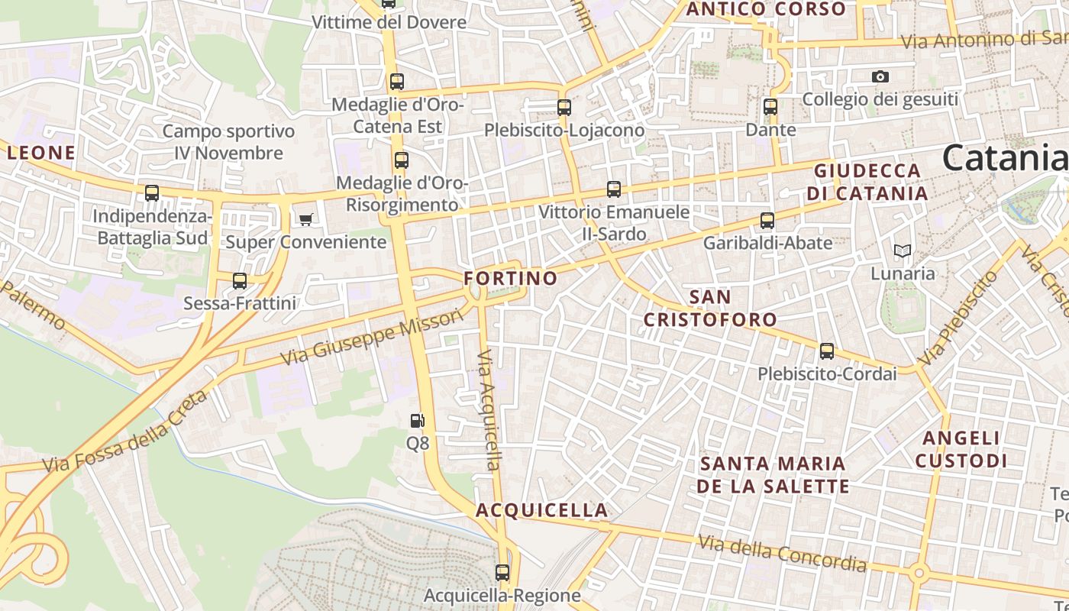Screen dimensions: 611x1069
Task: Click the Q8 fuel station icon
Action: click(x=417, y=421)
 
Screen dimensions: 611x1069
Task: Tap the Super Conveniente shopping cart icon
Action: click(x=306, y=220)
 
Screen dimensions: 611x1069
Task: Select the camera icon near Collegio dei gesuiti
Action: click(x=880, y=76)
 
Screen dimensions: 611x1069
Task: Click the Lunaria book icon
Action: click(x=903, y=251)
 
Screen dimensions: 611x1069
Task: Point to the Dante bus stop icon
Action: click(x=770, y=107)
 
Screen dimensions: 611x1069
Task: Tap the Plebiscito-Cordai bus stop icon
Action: click(x=827, y=351)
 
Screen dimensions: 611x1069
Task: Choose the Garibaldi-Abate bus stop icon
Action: click(x=767, y=221)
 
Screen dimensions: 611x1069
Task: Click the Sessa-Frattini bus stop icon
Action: click(x=240, y=281)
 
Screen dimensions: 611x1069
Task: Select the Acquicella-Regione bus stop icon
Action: click(x=502, y=572)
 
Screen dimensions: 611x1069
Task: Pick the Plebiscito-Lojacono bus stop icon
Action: click(x=564, y=108)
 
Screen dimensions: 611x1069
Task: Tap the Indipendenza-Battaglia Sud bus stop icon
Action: click(x=152, y=193)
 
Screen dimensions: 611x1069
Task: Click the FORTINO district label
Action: click(x=511, y=278)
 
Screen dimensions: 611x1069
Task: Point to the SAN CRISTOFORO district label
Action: click(x=710, y=308)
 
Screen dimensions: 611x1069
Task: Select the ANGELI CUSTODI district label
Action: click(x=961, y=450)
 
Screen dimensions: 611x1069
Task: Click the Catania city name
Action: click(x=1003, y=158)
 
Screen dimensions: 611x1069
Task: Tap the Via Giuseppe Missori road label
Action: click(x=372, y=337)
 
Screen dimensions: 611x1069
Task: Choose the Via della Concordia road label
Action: click(x=783, y=553)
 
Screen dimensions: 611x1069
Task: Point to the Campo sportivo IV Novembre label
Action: click(x=228, y=142)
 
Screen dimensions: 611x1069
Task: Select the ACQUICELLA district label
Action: click(x=542, y=510)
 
